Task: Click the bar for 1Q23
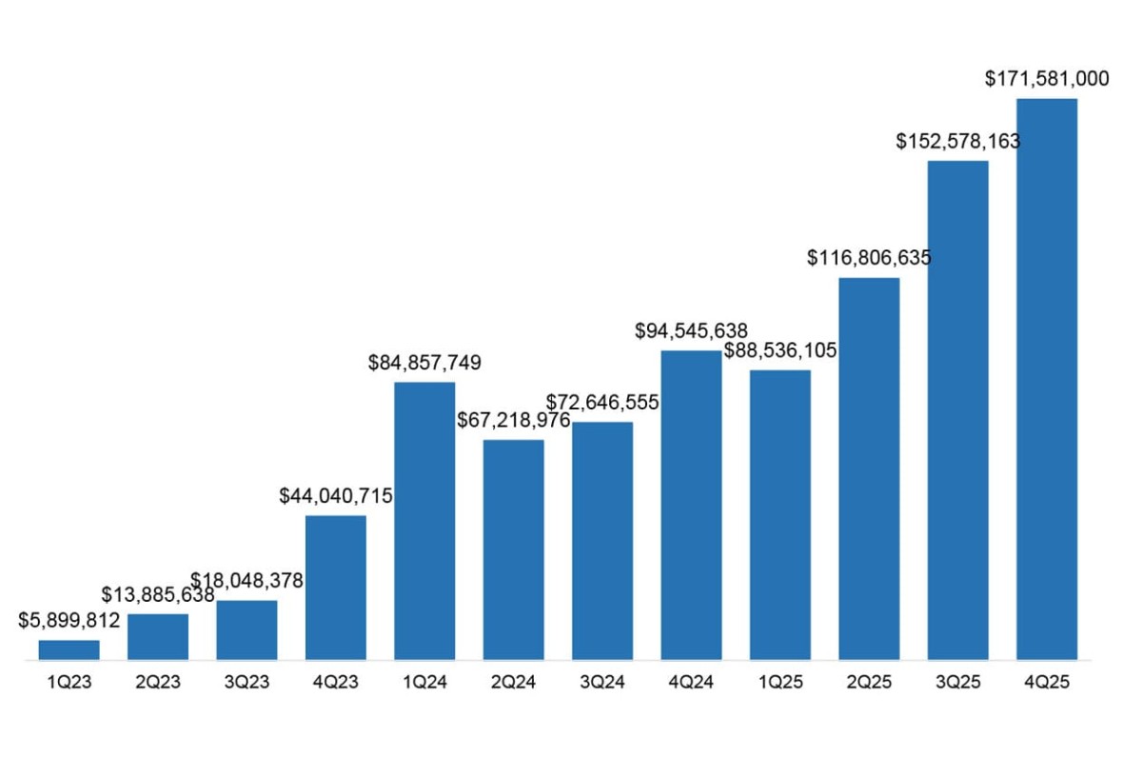(69, 649)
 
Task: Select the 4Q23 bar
(336, 587)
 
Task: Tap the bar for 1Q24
(424, 520)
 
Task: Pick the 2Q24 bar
(513, 548)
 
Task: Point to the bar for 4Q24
(691, 505)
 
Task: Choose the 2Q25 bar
(869, 468)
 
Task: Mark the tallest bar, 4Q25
(1047, 379)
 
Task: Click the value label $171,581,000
(1047, 79)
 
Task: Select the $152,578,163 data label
(958, 142)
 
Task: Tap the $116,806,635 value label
(869, 258)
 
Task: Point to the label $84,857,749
(425, 363)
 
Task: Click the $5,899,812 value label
(69, 621)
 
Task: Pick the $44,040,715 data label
(336, 496)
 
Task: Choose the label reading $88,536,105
(780, 350)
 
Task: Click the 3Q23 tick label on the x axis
(246, 683)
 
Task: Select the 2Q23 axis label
(158, 683)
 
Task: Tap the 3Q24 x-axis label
(602, 683)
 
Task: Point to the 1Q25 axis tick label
(780, 683)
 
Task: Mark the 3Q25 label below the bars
(958, 683)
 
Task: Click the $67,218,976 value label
(514, 420)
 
